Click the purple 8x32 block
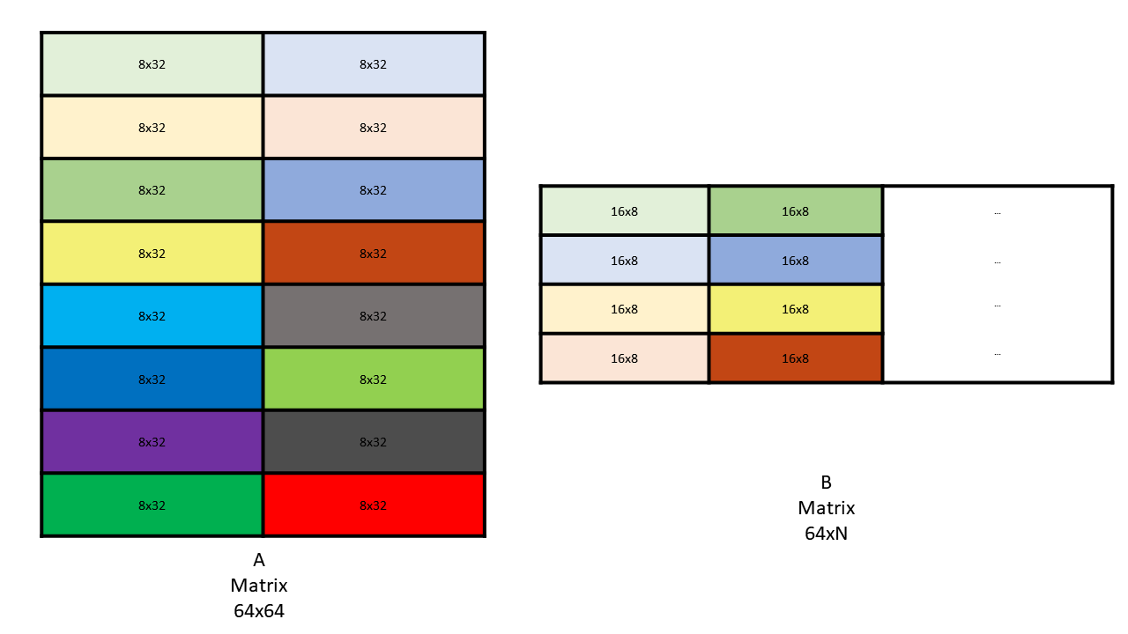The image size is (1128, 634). [x=152, y=442]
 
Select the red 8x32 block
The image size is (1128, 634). [x=374, y=505]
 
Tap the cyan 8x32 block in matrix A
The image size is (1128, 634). [x=152, y=316]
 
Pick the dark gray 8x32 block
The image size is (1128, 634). [x=374, y=442]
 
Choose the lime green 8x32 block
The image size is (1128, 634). [x=374, y=380]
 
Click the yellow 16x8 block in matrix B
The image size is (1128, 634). [x=795, y=309]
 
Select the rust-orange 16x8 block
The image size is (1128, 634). [x=795, y=358]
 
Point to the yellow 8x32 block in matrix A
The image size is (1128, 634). [x=152, y=254]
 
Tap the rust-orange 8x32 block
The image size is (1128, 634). [x=374, y=254]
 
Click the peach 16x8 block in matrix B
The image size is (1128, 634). [x=624, y=358]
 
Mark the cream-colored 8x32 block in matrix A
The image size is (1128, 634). [x=152, y=128]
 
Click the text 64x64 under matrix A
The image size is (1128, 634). [x=259, y=610]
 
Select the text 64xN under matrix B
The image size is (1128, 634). [x=826, y=533]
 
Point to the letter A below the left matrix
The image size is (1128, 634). [x=259, y=560]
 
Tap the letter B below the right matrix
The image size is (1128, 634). [x=826, y=483]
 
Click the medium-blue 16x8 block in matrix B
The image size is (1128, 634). [x=795, y=261]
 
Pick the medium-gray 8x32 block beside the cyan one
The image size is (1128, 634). [x=374, y=316]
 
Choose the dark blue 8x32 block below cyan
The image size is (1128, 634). [x=152, y=380]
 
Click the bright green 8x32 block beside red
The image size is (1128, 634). [x=152, y=505]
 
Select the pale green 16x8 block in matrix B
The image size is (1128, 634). [x=624, y=211]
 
